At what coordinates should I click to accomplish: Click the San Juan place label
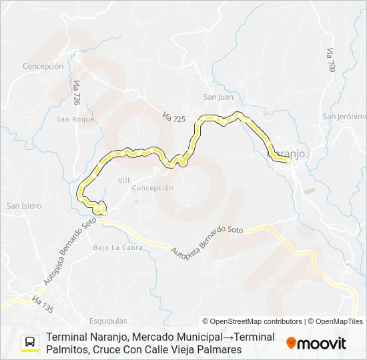218,97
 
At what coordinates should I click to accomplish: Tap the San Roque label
75,120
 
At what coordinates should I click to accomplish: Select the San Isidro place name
24,206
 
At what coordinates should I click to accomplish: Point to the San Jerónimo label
344,116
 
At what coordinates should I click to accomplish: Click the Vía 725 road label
173,116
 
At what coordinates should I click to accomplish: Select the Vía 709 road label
331,61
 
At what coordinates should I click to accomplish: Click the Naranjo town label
292,153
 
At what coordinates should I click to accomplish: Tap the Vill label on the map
124,181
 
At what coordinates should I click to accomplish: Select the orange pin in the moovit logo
291,343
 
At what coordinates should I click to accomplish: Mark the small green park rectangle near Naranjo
309,191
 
